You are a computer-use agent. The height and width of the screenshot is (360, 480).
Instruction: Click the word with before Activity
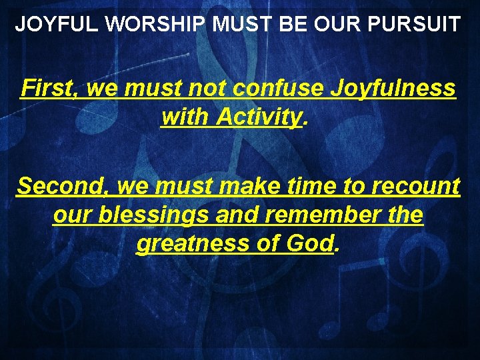(185, 117)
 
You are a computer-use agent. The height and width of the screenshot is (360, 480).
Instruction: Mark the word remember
(322, 215)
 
